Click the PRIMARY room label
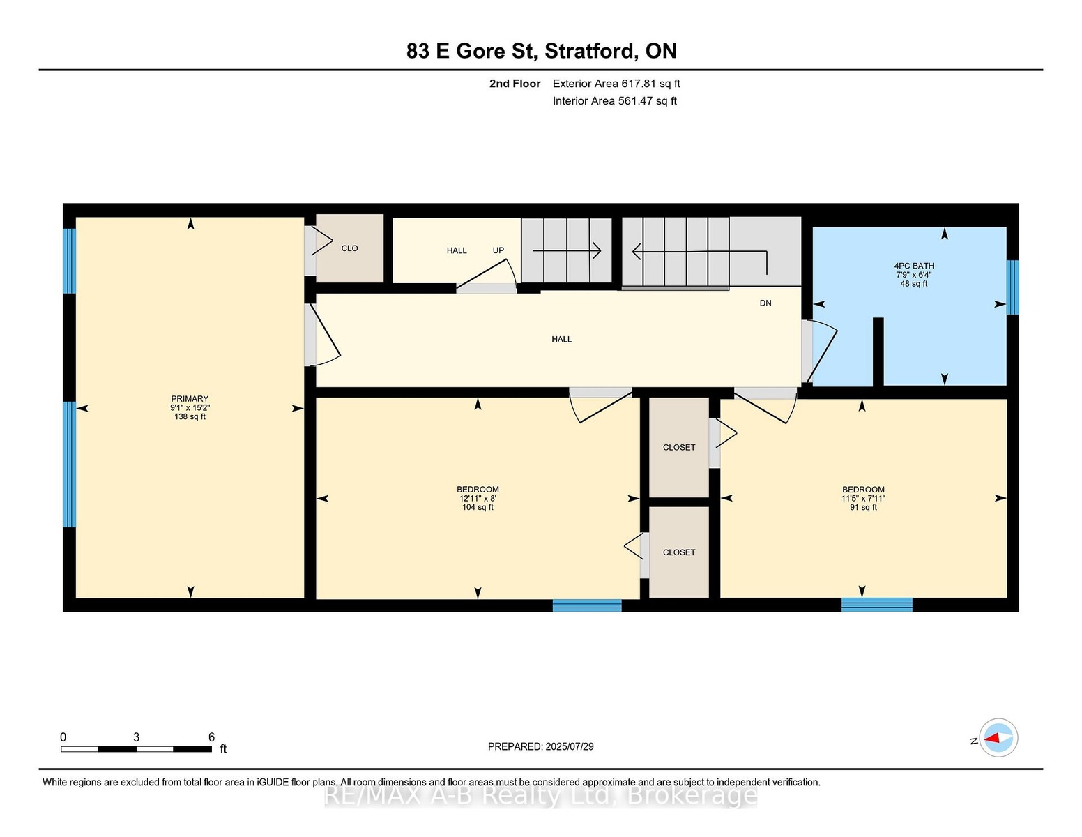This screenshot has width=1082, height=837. click(x=190, y=398)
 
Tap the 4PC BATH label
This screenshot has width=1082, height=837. click(x=914, y=266)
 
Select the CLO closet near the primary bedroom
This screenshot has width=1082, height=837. click(x=349, y=248)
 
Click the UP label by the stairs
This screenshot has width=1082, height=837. click(x=498, y=250)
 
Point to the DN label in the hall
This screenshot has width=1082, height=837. click(x=765, y=303)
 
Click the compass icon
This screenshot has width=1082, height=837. click(x=998, y=737)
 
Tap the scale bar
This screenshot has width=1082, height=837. click(x=137, y=749)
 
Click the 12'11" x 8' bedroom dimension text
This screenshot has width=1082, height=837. click(x=478, y=498)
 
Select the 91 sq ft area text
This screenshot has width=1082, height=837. click(x=863, y=507)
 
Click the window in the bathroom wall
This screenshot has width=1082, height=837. click(x=1012, y=287)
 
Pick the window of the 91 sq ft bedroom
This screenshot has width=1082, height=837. click(x=877, y=605)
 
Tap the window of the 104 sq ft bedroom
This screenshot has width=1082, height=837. click(x=587, y=605)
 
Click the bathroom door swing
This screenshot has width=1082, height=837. click(x=819, y=352)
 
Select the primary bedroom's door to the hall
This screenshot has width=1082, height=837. click(x=322, y=335)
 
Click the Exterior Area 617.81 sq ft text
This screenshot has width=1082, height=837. click(x=616, y=84)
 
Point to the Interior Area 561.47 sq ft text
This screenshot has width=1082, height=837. click(x=614, y=101)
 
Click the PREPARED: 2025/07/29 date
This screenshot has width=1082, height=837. click(x=541, y=746)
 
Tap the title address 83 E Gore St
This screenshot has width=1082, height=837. click(x=472, y=52)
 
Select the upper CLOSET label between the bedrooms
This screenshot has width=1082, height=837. click(x=679, y=447)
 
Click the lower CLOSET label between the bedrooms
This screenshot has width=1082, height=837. click(x=679, y=552)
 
